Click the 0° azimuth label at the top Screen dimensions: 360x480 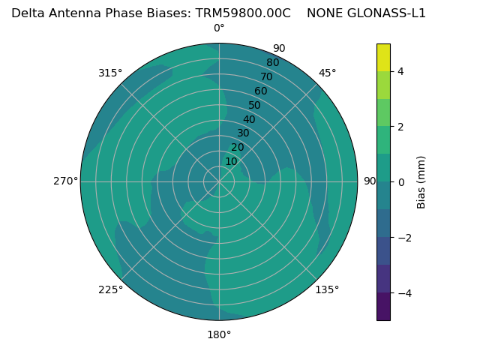tap(219, 28)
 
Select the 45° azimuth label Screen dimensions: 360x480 tap(327, 73)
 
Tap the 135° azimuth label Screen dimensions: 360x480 tap(327, 289)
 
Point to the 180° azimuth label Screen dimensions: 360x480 tap(219, 334)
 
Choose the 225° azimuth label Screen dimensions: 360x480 tap(110, 289)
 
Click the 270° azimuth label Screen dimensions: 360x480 tap(65, 181)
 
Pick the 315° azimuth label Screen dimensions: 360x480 tap(110, 73)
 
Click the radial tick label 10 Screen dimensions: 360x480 tap(231, 162)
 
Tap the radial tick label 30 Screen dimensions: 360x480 tap(243, 133)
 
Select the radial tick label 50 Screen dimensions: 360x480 tap(255, 106)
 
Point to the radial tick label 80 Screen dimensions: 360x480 tap(272, 63)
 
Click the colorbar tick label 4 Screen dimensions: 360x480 tap(400, 71)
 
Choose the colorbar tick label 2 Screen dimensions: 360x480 tap(400, 127)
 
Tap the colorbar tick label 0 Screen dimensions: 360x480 tap(400, 182)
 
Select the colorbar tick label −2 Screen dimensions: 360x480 tap(403, 238)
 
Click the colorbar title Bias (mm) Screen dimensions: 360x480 tap(421, 182)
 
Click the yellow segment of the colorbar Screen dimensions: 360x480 tap(383, 58)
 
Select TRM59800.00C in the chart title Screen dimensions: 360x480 tap(243, 13)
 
